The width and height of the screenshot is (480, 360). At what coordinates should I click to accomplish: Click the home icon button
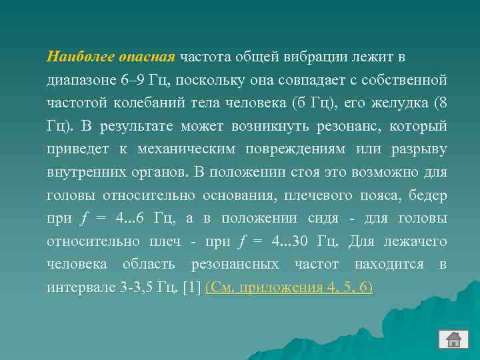453,340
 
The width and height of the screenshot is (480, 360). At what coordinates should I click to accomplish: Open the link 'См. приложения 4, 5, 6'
289,287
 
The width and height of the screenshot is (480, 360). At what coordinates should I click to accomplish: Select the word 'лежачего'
417,241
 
